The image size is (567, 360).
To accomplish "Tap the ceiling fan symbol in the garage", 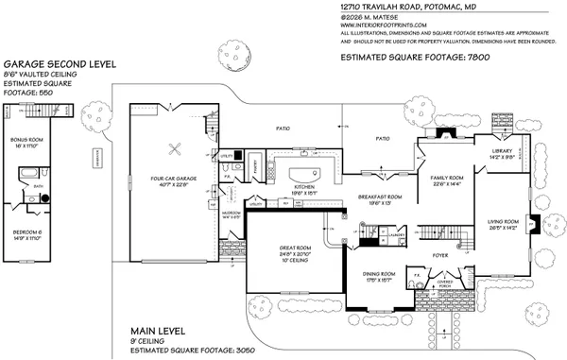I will [x=174, y=146].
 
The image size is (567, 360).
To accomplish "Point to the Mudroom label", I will [x=230, y=215].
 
